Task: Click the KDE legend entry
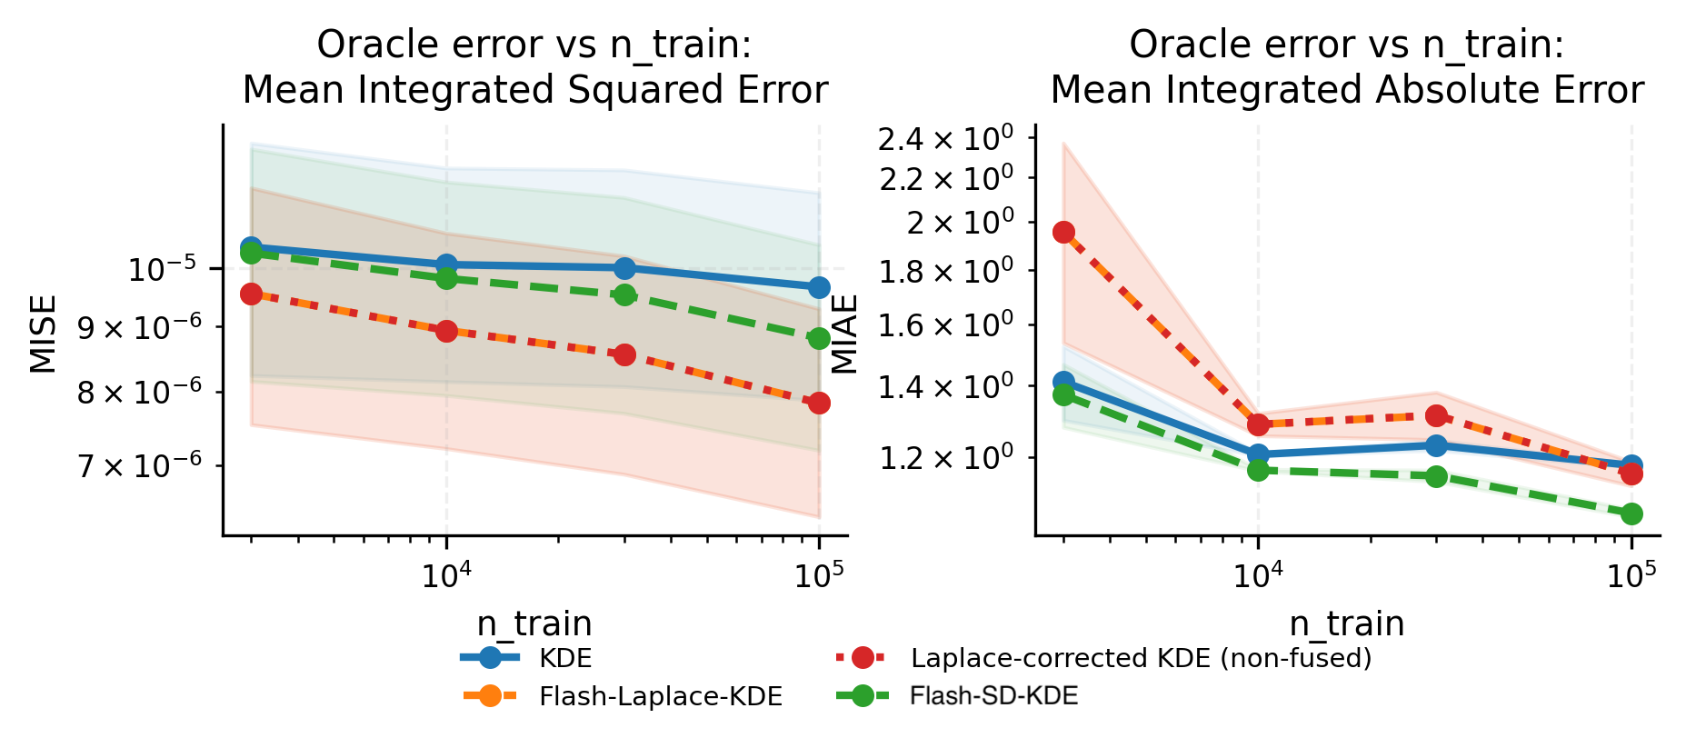(564, 658)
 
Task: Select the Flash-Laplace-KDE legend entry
(660, 697)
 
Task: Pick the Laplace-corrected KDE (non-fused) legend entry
(1140, 658)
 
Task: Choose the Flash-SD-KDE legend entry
(993, 696)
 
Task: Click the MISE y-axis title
(43, 334)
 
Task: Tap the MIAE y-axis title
(845, 334)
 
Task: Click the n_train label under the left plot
(534, 623)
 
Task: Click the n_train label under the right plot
(1347, 623)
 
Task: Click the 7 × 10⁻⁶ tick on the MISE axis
(139, 466)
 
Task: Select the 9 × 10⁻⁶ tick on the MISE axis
(139, 327)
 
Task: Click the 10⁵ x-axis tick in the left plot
(819, 575)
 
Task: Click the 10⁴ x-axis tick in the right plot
(1258, 575)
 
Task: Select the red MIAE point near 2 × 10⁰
(1063, 233)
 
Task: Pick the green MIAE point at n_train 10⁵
(1631, 514)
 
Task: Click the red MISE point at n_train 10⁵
(819, 403)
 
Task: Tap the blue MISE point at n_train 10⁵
(819, 287)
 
